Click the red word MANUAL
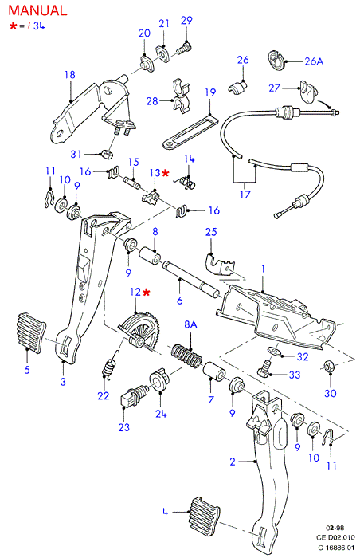[x=37, y=10]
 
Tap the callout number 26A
[x=314, y=61]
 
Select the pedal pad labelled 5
[x=31, y=333]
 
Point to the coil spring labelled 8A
[x=186, y=355]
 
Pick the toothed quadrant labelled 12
[x=140, y=329]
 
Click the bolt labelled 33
[x=264, y=368]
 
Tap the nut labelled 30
[x=328, y=366]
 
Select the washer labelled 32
[x=274, y=352]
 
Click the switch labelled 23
[x=132, y=395]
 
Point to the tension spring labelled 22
[x=109, y=365]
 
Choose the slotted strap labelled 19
[x=190, y=132]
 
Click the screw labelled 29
[x=184, y=49]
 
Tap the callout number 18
[x=70, y=75]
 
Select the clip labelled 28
[x=181, y=96]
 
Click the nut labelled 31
[x=107, y=155]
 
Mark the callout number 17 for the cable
[x=245, y=195]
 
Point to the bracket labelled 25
[x=221, y=264]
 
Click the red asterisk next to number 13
[x=166, y=173]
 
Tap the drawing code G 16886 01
[x=336, y=548]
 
